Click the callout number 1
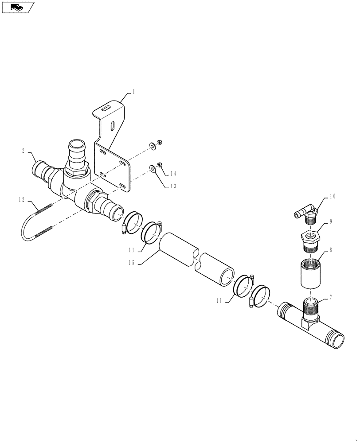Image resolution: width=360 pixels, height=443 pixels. (133, 92)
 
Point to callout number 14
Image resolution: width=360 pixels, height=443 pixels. (172, 174)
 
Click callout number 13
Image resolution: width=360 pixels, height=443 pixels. (172, 186)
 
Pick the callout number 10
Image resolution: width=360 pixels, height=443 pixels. (332, 196)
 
